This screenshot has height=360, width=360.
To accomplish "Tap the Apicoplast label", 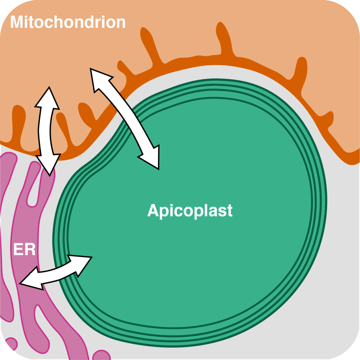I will (190, 210).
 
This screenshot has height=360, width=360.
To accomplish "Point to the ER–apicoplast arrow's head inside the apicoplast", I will (83, 263).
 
